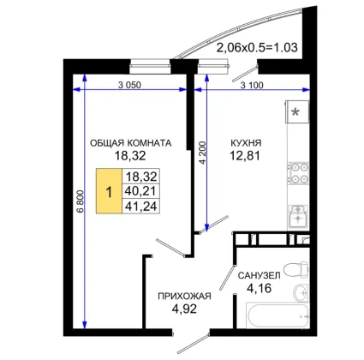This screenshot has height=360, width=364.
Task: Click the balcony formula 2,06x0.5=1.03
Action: [x=257, y=47]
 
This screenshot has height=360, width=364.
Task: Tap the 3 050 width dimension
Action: [x=129, y=85]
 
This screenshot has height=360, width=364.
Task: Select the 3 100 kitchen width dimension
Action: [x=252, y=85]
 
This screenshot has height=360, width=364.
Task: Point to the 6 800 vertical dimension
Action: [x=81, y=201]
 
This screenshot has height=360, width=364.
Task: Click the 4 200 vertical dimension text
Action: [x=202, y=153]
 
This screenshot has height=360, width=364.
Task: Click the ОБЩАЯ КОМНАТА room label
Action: [x=131, y=143]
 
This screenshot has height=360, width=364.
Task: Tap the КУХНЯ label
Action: [x=246, y=143]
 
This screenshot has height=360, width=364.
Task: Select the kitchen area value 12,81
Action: [x=245, y=156]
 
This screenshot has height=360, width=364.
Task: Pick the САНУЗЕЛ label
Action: [x=259, y=275]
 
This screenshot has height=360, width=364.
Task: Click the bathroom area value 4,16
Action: [x=259, y=288]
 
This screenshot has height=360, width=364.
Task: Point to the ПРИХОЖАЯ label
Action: [x=184, y=296]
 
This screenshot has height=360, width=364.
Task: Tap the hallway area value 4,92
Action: [x=184, y=309]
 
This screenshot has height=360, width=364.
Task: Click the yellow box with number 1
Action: [x=109, y=191]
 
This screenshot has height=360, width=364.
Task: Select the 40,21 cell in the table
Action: [x=141, y=191]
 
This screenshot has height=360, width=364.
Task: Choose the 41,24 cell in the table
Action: [x=141, y=206]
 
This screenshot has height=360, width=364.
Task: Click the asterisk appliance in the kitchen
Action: [x=297, y=111]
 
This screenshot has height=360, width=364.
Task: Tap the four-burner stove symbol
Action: [x=298, y=173]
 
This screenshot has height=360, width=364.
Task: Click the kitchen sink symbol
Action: [x=298, y=216]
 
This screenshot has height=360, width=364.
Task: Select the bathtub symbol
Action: [x=277, y=316]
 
